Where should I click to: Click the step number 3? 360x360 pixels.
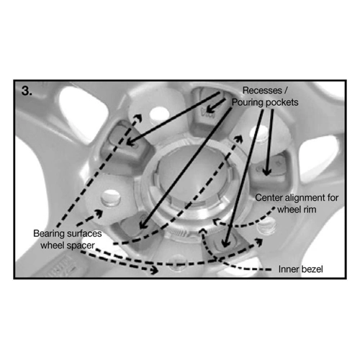point(27,91)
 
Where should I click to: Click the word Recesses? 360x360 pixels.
point(262,91)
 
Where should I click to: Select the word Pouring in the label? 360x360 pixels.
point(248,102)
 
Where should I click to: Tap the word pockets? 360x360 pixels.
point(282,102)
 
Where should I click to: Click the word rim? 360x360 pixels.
point(310,210)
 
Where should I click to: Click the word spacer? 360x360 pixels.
point(81,246)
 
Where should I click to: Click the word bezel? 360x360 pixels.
point(311,269)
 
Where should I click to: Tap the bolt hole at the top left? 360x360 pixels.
point(159,114)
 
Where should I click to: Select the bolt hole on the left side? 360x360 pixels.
point(111,198)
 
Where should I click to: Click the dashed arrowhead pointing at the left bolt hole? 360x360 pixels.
point(99,212)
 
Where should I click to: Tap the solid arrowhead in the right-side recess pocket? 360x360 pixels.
point(266,172)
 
